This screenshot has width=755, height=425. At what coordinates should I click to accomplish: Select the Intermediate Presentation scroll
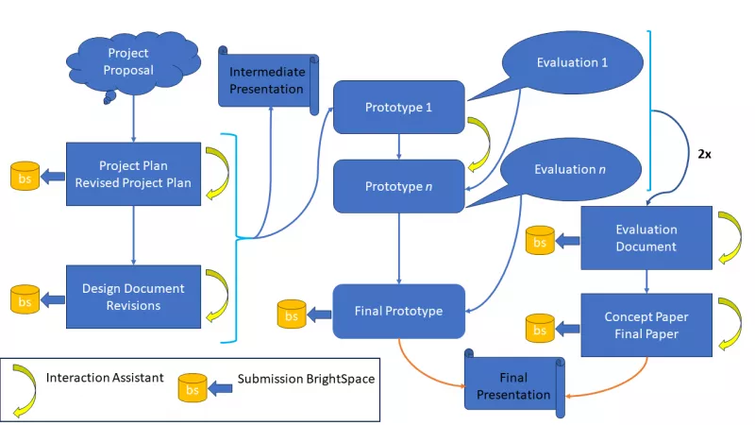[267, 80]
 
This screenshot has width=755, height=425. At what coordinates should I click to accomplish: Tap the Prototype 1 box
[398, 107]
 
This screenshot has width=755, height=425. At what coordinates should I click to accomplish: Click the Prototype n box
[398, 186]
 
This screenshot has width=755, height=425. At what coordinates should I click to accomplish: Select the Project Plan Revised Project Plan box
[133, 174]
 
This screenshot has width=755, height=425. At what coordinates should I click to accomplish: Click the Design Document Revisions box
[133, 297]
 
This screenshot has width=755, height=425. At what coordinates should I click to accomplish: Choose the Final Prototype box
[398, 311]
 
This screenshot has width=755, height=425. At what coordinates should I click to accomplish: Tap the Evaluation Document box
[646, 238]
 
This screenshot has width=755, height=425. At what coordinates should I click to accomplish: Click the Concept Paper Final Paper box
[646, 324]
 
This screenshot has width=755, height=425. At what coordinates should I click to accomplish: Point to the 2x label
[704, 153]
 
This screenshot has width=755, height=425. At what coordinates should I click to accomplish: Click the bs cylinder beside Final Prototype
[292, 314]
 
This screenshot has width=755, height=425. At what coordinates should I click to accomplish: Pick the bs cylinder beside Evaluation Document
[540, 242]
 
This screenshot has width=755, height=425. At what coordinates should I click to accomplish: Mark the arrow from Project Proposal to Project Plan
[133, 121]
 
